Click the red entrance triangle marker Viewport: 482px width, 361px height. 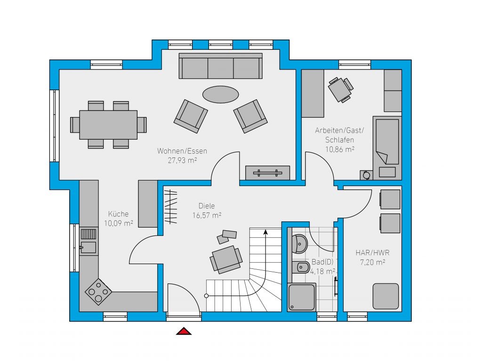point(184,331)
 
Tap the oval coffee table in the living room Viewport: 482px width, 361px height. point(220,94)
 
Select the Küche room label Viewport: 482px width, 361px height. point(118,214)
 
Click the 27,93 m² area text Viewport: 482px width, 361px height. point(182,160)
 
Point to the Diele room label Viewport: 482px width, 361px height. point(207,206)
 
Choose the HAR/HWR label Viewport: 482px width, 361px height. point(373,253)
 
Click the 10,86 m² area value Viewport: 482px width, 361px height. point(340,149)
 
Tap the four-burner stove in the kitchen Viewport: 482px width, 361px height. point(98,291)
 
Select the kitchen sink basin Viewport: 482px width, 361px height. point(88,247)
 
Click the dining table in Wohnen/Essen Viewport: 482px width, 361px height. point(108,125)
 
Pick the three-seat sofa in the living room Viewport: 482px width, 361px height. point(221,66)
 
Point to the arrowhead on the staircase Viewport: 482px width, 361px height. point(265,232)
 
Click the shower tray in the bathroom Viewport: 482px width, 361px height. point(302,298)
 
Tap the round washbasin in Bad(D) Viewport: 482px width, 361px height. point(300,244)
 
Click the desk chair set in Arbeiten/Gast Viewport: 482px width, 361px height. point(341,89)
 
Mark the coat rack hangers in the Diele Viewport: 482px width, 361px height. point(170,206)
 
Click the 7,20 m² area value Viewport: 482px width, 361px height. point(373,262)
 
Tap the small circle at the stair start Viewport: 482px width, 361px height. point(206,296)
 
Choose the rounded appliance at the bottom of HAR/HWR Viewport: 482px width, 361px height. point(386,296)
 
